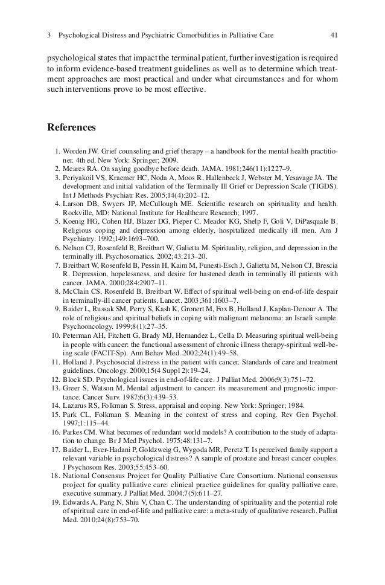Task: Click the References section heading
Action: [71, 128]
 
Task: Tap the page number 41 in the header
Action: [334, 36]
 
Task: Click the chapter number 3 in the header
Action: [49, 36]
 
